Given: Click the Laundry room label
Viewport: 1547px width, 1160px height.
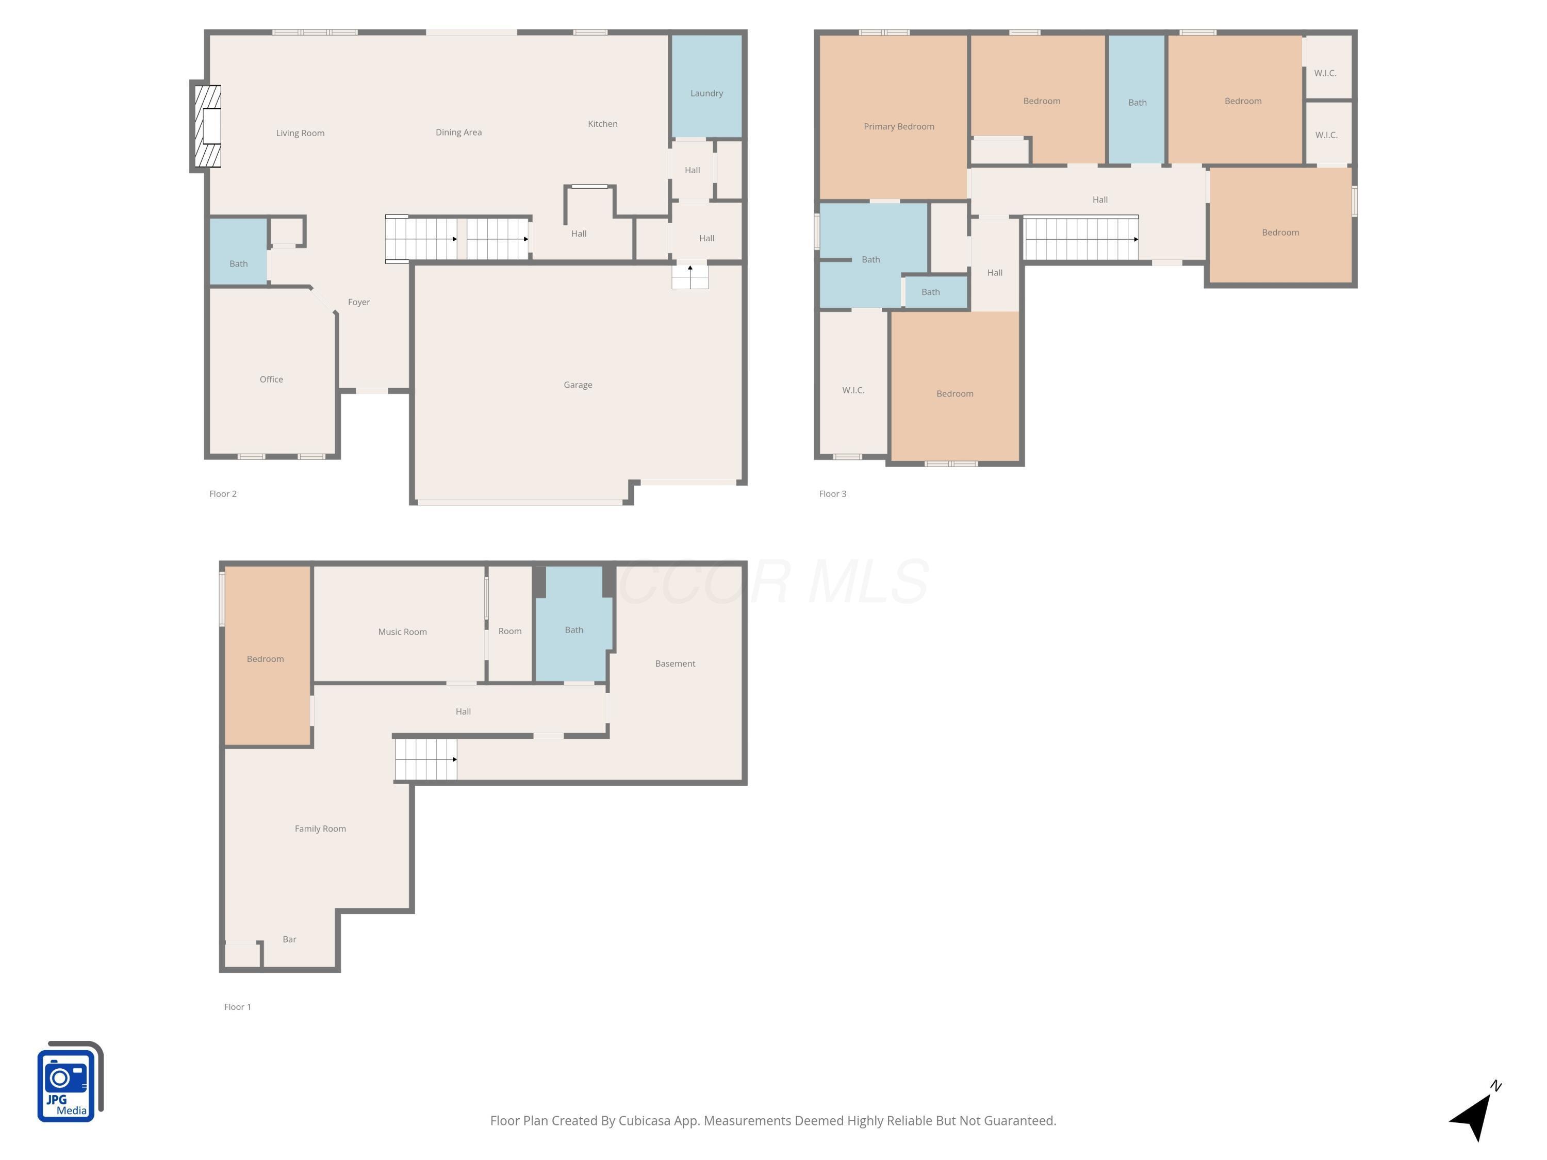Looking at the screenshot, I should [706, 93].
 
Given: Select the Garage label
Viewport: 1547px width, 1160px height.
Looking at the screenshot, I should [578, 385].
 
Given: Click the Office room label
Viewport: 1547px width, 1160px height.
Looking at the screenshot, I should [271, 379].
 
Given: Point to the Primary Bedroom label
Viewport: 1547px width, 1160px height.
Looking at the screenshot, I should [899, 126].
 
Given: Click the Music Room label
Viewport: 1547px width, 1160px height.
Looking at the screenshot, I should [402, 632].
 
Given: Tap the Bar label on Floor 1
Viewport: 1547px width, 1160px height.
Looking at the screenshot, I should [289, 939].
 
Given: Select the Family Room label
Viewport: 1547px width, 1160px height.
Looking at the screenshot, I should [320, 828].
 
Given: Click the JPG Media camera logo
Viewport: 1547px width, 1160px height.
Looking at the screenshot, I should [69, 1082].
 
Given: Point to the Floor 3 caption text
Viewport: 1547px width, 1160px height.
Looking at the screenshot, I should [832, 494].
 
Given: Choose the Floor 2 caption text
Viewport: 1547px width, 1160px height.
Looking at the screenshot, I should [223, 494].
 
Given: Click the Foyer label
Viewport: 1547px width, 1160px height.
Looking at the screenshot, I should [359, 302].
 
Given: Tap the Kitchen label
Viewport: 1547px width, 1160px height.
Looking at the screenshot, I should [602, 124].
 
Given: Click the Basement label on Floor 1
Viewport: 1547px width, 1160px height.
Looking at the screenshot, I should [675, 664].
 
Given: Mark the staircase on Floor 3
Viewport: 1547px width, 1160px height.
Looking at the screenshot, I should [1080, 239].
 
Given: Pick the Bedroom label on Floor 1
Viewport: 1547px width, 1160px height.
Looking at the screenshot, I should [265, 659].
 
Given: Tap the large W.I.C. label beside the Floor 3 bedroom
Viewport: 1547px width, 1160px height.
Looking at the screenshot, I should [853, 390].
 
